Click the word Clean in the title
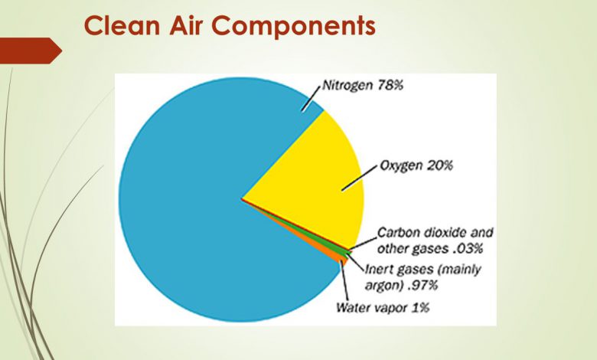[122, 25]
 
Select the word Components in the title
[294, 27]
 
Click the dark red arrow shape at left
[31, 51]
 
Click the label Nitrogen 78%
[363, 85]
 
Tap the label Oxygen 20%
[416, 165]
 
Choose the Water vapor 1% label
[383, 307]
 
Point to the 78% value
[390, 85]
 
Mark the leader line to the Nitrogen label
[311, 99]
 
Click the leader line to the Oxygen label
[360, 178]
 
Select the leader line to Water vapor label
[344, 281]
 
